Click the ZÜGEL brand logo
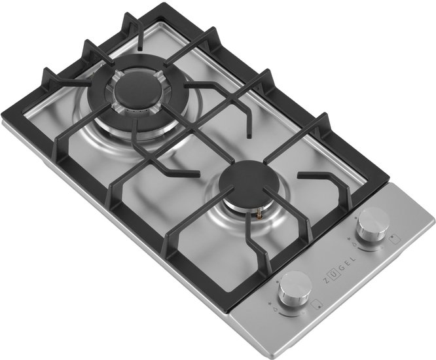pos(339,270)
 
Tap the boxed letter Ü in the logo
pos(333,274)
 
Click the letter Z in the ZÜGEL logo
pos(325,281)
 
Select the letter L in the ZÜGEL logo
pos(354,259)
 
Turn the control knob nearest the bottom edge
pos(295,290)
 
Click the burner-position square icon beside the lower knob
pos(316,304)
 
